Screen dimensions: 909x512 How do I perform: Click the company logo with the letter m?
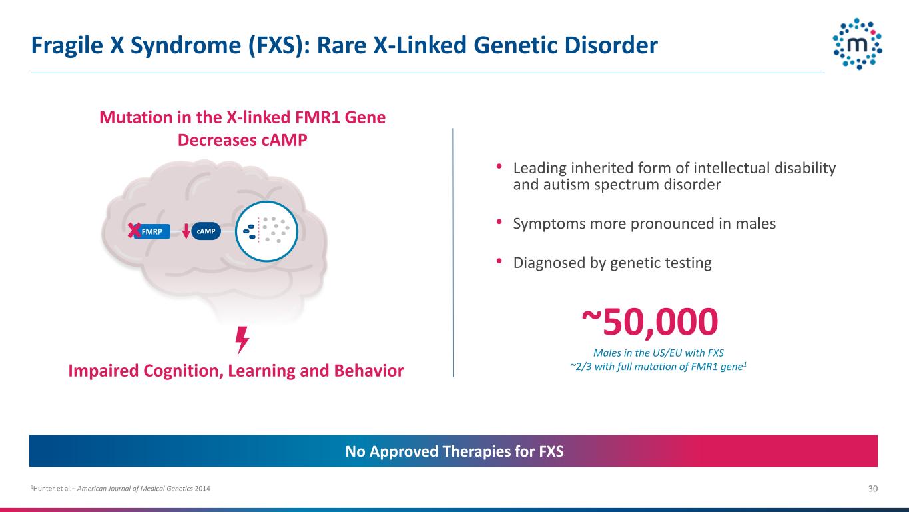857,44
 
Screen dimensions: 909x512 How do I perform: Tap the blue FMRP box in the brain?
152,231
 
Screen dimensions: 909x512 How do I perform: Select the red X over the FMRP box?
134,231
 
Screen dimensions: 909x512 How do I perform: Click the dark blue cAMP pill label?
206,231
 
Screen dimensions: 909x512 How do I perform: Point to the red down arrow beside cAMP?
186,231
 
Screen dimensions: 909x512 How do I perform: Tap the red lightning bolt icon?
242,340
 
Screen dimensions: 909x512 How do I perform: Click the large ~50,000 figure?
650,321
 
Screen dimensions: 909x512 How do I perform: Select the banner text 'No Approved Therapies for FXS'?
454,451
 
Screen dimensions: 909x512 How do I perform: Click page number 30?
873,489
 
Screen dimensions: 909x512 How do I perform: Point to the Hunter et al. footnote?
121,489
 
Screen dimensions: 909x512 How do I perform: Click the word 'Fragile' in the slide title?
67,45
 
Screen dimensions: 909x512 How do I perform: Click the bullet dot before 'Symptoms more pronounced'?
499,222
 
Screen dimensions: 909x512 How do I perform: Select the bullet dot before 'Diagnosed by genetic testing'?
499,261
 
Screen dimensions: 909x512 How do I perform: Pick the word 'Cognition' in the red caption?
182,371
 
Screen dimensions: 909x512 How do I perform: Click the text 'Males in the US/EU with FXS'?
658,353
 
